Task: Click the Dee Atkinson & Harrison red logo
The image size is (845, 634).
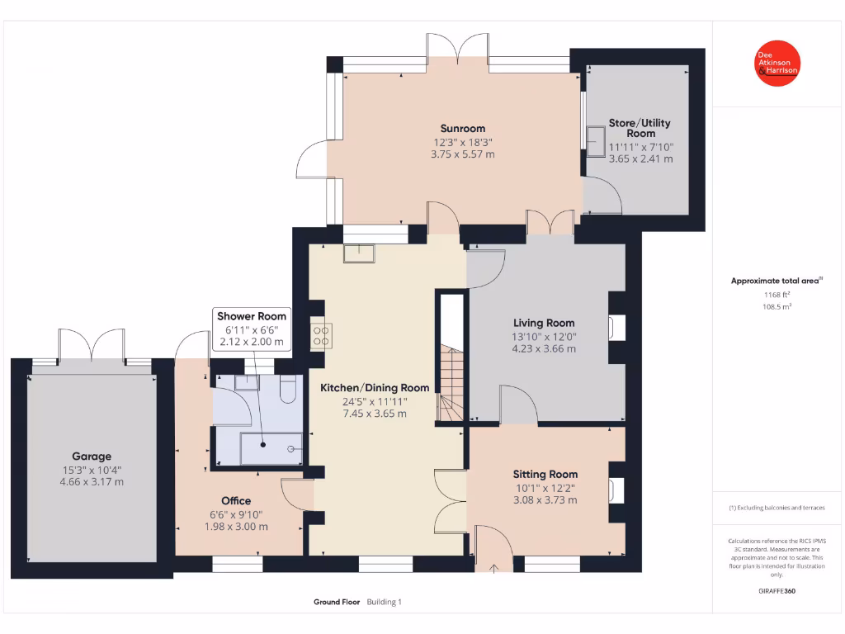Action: (x=777, y=63)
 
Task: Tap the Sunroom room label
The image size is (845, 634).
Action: (x=462, y=128)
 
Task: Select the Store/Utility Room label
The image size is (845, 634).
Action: (x=640, y=128)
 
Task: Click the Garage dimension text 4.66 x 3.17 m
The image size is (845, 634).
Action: (x=92, y=481)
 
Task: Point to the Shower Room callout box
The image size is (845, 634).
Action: (x=252, y=329)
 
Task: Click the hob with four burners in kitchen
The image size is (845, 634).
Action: (x=321, y=334)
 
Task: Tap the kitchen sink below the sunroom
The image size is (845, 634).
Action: (x=360, y=253)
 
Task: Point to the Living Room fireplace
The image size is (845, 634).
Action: (x=615, y=328)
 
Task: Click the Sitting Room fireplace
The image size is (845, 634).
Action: (x=615, y=490)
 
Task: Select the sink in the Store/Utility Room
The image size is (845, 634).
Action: (x=594, y=137)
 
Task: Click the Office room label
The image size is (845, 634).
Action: (x=236, y=500)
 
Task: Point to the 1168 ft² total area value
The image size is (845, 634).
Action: (x=776, y=294)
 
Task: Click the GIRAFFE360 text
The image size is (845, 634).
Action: (x=777, y=591)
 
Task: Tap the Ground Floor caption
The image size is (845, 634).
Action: (x=337, y=602)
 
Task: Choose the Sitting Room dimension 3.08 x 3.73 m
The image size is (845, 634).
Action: (x=545, y=499)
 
